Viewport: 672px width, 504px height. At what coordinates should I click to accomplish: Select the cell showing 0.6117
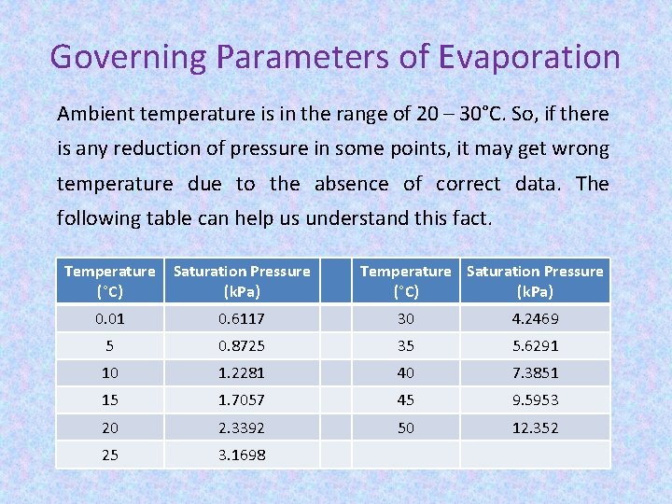click(242, 319)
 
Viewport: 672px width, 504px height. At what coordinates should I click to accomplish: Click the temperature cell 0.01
click(109, 319)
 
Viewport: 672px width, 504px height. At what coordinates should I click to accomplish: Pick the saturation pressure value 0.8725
click(242, 346)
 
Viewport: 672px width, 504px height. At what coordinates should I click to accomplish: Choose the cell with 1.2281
click(242, 373)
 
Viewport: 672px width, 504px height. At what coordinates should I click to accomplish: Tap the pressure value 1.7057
click(242, 400)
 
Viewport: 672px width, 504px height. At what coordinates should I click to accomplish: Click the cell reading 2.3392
click(242, 427)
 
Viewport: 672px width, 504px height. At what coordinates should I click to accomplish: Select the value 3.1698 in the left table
click(242, 455)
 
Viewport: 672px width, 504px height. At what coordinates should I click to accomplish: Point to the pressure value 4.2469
click(535, 319)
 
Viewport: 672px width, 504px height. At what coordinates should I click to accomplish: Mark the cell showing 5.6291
click(535, 346)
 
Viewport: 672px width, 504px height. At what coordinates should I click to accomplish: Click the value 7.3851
click(535, 373)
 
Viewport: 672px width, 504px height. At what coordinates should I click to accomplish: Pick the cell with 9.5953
click(535, 400)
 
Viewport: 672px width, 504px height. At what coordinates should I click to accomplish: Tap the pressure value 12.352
click(535, 427)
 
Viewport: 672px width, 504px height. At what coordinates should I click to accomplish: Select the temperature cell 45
click(405, 400)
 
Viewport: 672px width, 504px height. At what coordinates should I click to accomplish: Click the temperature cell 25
click(109, 455)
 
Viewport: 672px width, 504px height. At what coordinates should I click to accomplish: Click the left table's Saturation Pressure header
click(242, 281)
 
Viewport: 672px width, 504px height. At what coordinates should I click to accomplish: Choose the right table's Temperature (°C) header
click(405, 281)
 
